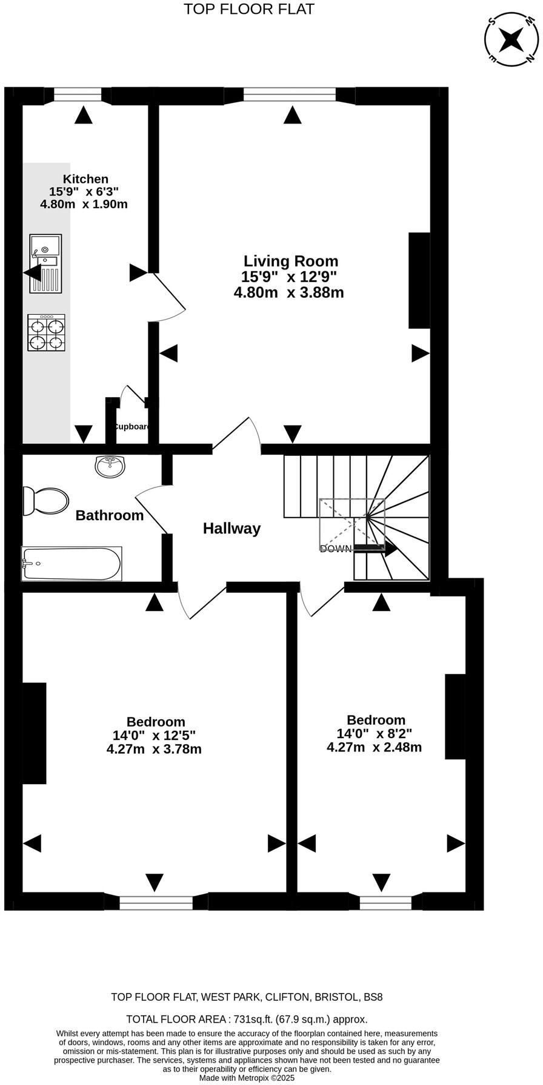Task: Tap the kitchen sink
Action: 45,264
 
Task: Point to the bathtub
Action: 72,564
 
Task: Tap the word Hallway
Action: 232,529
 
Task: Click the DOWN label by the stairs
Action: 335,549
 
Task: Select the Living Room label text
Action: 291,262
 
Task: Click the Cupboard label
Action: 132,426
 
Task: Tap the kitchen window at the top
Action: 78,94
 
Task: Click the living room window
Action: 290,94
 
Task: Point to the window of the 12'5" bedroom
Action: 156,903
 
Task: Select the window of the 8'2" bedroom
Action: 385,903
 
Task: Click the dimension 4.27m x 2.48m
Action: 374,747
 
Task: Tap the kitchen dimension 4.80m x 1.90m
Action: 84,204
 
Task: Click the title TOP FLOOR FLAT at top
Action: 249,9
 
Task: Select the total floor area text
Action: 247,1019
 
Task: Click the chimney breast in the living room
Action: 419,280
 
